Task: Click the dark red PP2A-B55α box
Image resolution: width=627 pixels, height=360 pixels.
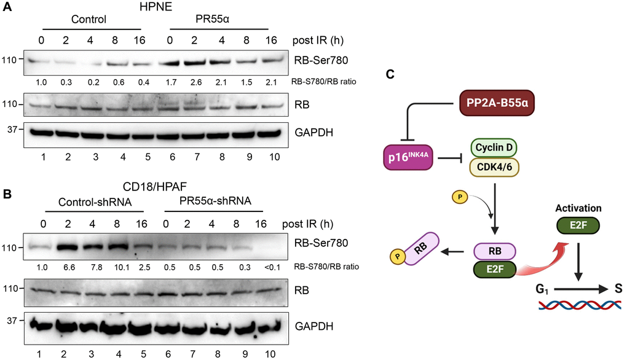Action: pos(497,103)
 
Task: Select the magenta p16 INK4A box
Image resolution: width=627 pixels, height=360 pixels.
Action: pos(408,157)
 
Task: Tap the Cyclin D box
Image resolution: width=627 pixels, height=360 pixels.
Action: pos(494,147)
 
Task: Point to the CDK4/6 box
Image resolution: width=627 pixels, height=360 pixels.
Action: pos(494,166)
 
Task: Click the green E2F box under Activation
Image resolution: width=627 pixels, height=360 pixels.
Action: pos(578,225)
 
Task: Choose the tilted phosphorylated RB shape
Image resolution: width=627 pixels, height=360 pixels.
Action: pos(415,249)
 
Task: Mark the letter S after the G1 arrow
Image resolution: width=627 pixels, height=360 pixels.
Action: pos(618,288)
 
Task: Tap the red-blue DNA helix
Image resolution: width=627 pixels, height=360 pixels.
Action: pos(580,305)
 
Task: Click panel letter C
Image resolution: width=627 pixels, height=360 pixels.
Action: pos(390,74)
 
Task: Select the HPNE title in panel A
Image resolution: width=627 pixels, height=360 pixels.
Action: pos(156,7)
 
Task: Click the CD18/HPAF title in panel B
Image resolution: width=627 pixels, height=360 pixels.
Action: pos(155,186)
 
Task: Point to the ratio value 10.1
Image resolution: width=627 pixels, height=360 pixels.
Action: pos(122,267)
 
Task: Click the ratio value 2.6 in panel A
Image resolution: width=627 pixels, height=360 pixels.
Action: pos(195,82)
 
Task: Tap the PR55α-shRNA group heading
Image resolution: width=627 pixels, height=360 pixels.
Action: pos(215,200)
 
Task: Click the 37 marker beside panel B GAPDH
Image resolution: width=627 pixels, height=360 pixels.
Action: pos(12,320)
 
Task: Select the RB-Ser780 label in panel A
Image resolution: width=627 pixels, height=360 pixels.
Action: pos(321,60)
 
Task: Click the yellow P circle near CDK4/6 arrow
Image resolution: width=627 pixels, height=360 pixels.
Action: pos(460,197)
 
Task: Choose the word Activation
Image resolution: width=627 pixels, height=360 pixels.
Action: pos(578,208)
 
